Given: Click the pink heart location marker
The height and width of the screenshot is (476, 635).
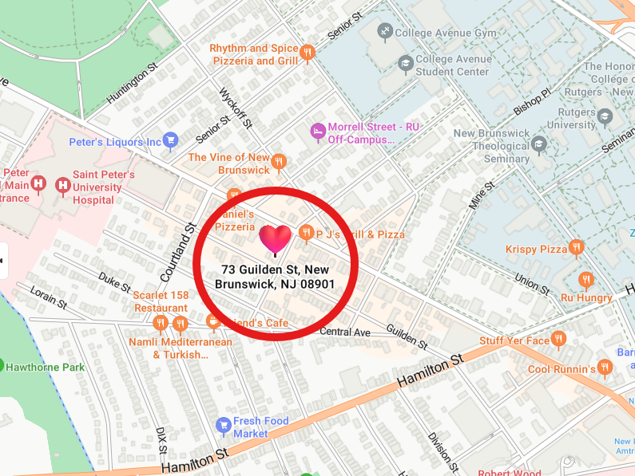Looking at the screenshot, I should point(276,239).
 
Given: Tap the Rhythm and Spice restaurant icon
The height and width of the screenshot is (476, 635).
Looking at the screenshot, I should point(308,53).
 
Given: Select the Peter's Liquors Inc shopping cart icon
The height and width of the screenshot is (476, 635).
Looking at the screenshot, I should point(170,142).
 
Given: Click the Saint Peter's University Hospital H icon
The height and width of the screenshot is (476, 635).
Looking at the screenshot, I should point(62,186).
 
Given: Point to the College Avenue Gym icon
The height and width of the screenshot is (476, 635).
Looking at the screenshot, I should point(385,33).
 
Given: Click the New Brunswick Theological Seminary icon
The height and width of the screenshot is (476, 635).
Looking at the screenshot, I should point(540,145).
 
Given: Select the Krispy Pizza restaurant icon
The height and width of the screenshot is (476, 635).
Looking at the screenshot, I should point(577,250).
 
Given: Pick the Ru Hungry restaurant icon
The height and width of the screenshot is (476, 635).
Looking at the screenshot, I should point(586,280).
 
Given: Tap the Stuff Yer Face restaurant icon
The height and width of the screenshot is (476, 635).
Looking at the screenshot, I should point(559,340).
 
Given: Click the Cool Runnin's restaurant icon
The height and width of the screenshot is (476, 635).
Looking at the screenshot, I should point(605,368).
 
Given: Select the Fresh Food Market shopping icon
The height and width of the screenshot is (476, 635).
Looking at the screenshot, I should point(224,426).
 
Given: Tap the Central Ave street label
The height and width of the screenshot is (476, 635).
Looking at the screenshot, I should point(345,332).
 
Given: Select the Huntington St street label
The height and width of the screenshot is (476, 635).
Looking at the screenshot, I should point(128,86).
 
